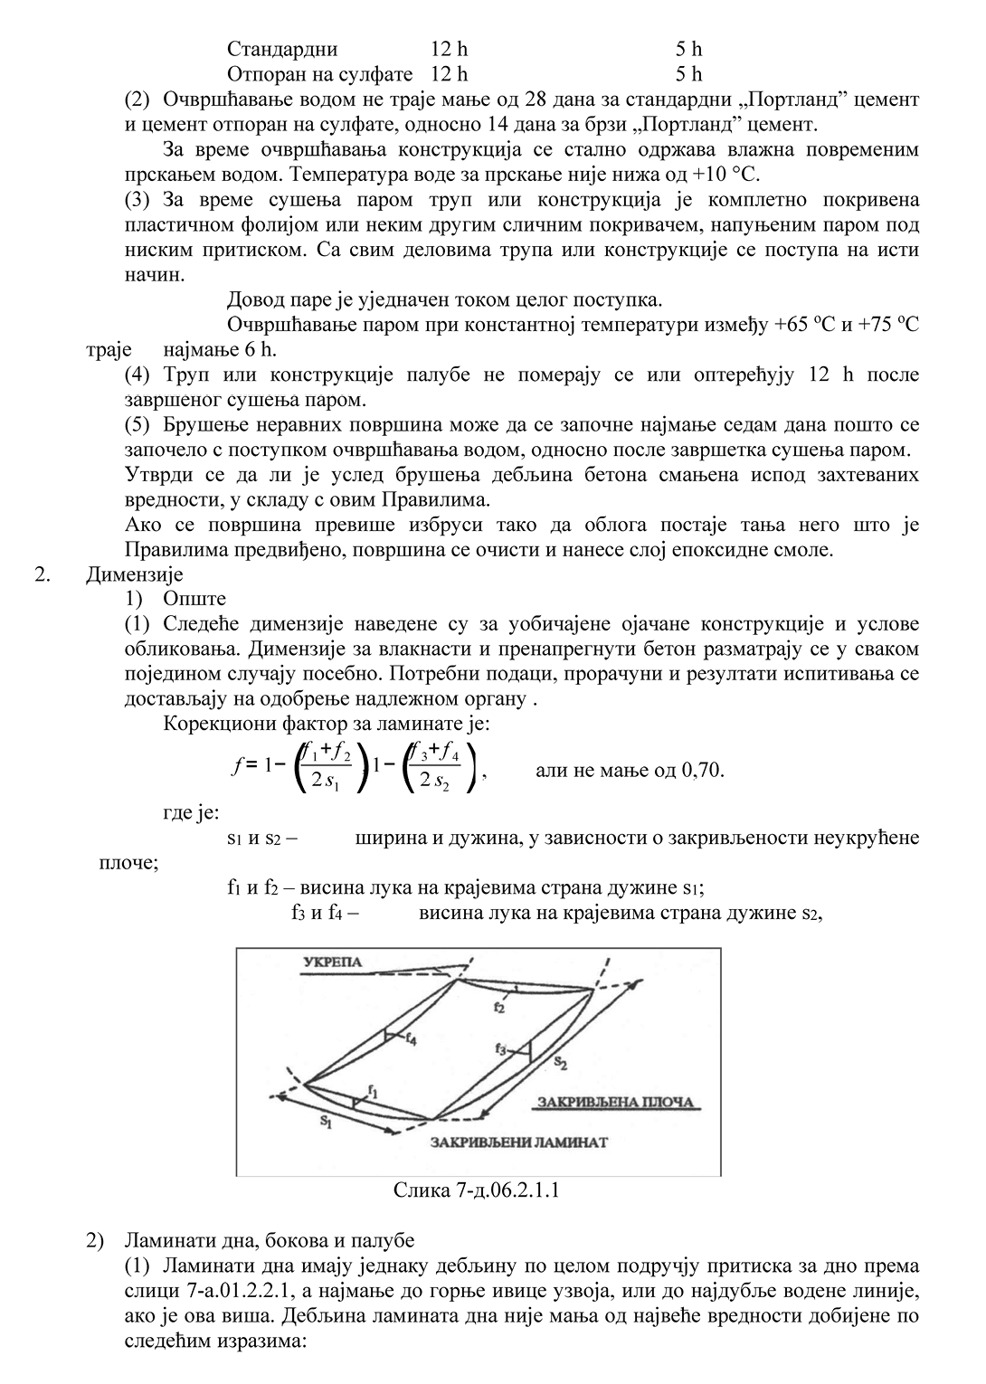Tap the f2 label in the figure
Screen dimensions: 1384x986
[x=499, y=1007]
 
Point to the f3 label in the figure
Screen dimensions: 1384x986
[x=501, y=1048]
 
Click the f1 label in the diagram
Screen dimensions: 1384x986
[x=373, y=1089]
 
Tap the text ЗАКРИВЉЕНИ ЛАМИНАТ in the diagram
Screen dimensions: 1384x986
[x=519, y=1142]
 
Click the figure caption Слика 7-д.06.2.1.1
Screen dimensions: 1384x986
[x=476, y=1190]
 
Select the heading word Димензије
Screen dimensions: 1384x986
[x=135, y=574]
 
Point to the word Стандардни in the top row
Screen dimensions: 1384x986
[x=282, y=49]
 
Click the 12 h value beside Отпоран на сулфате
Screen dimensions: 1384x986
[x=450, y=73]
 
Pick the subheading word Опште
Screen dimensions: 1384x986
[x=194, y=599]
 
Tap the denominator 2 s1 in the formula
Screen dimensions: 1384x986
[x=325, y=782]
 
